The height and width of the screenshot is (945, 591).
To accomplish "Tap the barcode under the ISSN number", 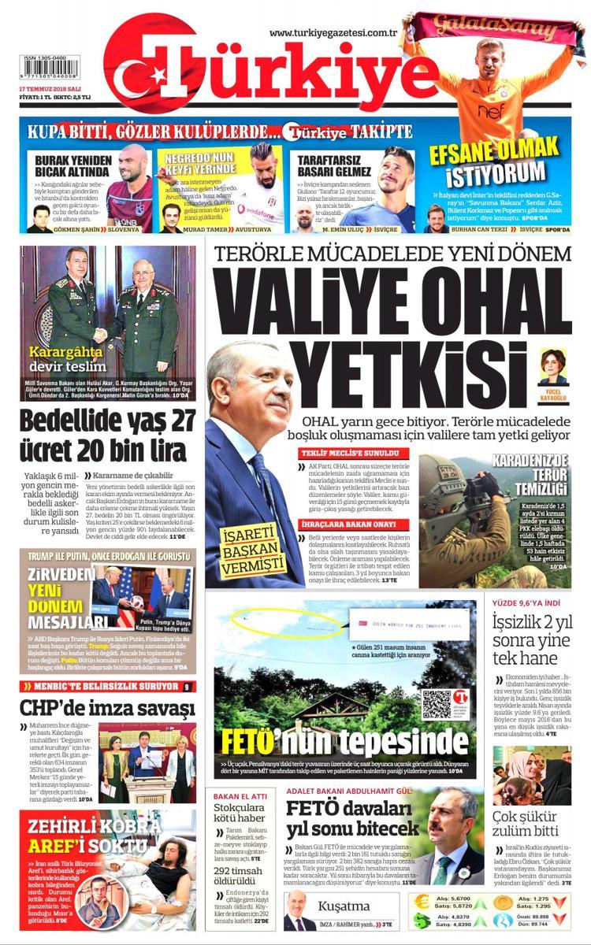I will [x=50, y=66].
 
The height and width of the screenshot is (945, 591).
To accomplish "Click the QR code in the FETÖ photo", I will [x=436, y=704].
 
